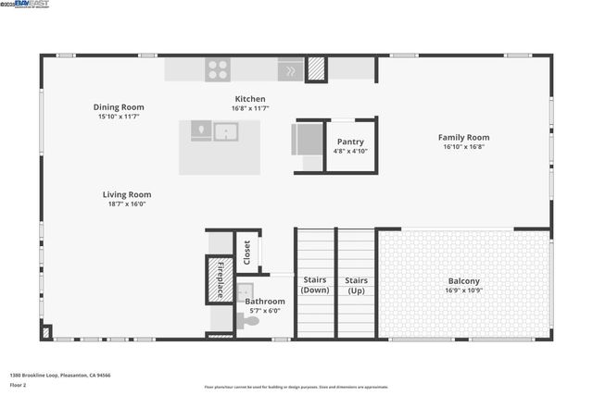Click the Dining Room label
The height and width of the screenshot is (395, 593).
click(x=119, y=107)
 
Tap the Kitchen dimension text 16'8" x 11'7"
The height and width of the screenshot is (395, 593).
click(x=249, y=109)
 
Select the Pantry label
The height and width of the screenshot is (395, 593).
click(x=350, y=142)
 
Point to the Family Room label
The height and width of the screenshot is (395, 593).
click(x=463, y=137)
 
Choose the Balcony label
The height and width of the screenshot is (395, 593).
click(x=464, y=280)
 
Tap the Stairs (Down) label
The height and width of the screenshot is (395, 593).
click(x=316, y=284)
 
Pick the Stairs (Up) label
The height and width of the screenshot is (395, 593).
click(x=356, y=284)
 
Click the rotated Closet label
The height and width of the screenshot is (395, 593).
click(x=247, y=253)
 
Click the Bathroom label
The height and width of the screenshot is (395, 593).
click(x=265, y=302)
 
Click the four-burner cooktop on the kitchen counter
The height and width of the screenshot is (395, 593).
click(x=218, y=68)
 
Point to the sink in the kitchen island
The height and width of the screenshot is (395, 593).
click(x=226, y=132)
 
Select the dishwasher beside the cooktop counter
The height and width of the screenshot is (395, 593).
click(x=290, y=69)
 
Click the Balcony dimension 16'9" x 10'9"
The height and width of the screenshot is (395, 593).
click(x=464, y=290)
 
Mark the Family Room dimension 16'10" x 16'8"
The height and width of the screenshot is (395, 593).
click(x=463, y=146)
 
